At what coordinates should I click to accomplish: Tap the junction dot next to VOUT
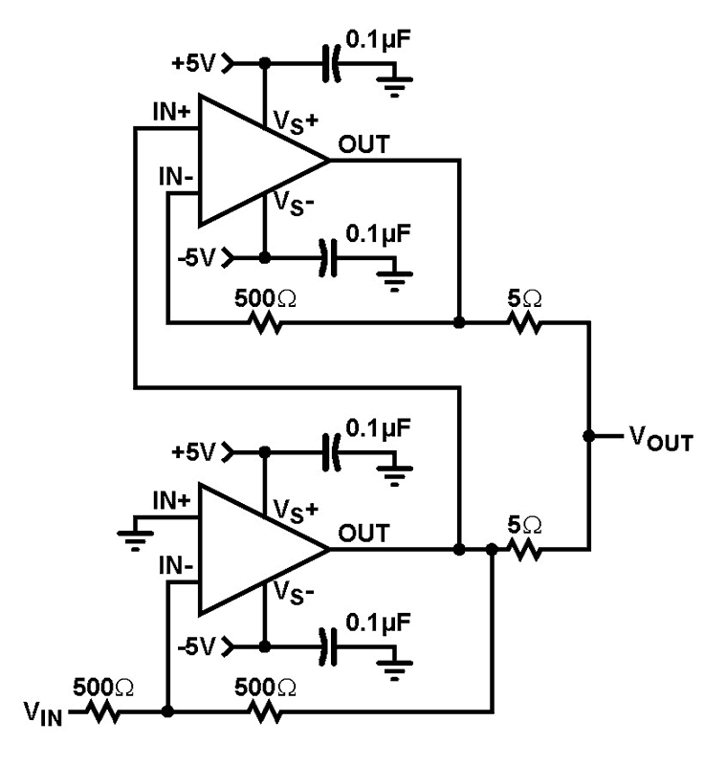tap(588, 436)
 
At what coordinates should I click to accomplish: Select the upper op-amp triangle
tap(253, 160)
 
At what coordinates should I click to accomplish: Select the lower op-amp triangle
tap(253, 549)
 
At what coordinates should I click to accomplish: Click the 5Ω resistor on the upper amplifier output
tap(524, 323)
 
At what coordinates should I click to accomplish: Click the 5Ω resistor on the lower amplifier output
tap(524, 550)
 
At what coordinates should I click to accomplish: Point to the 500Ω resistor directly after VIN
tap(101, 712)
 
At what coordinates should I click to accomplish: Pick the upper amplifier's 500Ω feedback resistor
tap(265, 323)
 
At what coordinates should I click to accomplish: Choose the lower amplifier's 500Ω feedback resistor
tap(265, 712)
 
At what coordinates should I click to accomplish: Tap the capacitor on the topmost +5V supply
tap(332, 65)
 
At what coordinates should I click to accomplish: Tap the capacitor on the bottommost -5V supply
tap(332, 646)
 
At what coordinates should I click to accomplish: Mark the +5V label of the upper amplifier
tap(196, 64)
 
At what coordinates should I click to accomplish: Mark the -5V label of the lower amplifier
tap(199, 647)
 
